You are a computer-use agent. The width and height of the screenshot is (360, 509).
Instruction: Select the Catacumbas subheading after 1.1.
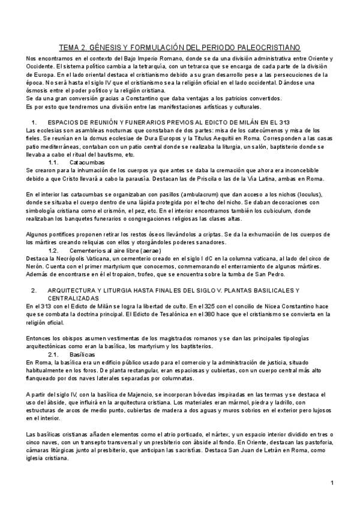(x=87, y=163)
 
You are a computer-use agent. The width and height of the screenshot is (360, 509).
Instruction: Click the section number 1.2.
(x=53, y=250)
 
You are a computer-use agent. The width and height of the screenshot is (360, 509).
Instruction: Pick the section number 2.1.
(x=53, y=355)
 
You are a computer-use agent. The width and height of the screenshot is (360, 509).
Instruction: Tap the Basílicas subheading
(x=83, y=355)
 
